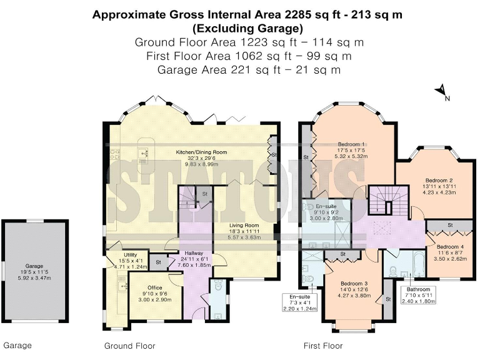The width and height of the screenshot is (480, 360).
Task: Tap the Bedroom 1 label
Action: coord(351,143)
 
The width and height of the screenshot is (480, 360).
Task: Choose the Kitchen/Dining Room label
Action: coord(201,152)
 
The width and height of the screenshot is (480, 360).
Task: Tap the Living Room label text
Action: coord(244,225)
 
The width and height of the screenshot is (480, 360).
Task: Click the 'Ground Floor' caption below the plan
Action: coord(129,346)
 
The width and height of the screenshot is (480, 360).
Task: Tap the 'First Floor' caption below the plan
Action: coord(322,346)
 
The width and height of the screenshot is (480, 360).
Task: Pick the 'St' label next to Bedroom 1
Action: coord(306,156)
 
